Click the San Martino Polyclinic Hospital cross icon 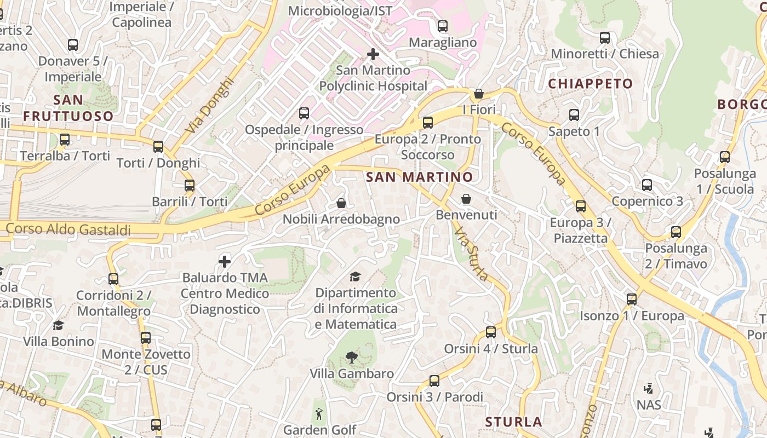coord(373,54)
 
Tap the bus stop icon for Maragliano coord(443,26)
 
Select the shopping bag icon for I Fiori coord(479,94)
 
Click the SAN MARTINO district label coord(419,177)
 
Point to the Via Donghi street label coord(210,105)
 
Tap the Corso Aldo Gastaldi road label coord(68,229)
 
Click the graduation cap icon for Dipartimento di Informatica coord(356,276)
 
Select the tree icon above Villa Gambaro coord(351,358)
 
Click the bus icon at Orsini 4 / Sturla coord(491,332)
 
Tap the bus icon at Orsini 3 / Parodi coord(434,381)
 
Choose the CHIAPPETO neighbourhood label coord(591,84)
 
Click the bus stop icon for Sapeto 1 coord(574,115)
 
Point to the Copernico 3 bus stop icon coord(647,185)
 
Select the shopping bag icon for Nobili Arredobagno coord(341,204)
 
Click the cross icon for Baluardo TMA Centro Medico coord(225,261)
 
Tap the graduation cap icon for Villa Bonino coord(58,325)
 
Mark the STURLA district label coord(514,422)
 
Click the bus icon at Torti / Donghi coord(158,146)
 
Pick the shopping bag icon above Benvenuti coord(466,198)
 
